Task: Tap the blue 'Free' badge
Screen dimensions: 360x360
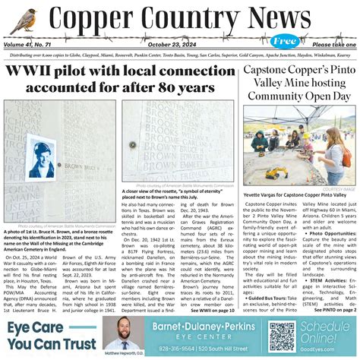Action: [286, 40]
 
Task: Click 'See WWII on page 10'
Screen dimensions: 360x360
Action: [215, 311]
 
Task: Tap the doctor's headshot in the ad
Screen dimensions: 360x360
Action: [122, 333]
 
